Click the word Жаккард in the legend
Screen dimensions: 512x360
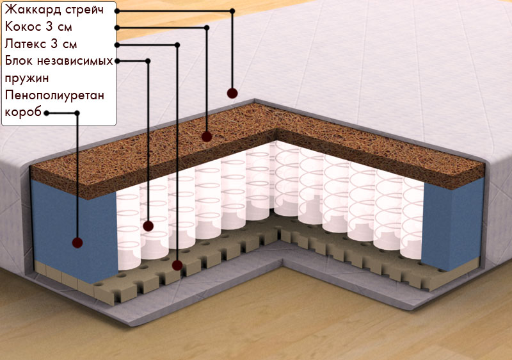point(33,10)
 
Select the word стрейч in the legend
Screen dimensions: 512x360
point(84,10)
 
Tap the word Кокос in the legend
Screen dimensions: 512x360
point(23,26)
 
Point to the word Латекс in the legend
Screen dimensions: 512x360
point(26,44)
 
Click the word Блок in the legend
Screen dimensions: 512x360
point(19,61)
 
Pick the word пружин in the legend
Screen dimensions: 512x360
point(27,79)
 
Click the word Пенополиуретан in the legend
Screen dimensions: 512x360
point(54,95)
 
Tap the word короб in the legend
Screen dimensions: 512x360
point(23,112)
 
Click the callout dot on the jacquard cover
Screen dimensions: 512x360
point(232,93)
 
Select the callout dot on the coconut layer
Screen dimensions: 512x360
point(207,136)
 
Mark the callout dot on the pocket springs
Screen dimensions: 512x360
point(148,225)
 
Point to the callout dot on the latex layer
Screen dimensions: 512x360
point(177,265)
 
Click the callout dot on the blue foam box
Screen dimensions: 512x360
point(77,243)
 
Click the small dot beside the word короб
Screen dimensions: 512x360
point(47,113)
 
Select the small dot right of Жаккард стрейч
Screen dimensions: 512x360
point(117,11)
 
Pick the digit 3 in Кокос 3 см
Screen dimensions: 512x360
point(49,26)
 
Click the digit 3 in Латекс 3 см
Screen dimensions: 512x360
point(54,44)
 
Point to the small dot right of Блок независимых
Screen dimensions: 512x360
point(117,61)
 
